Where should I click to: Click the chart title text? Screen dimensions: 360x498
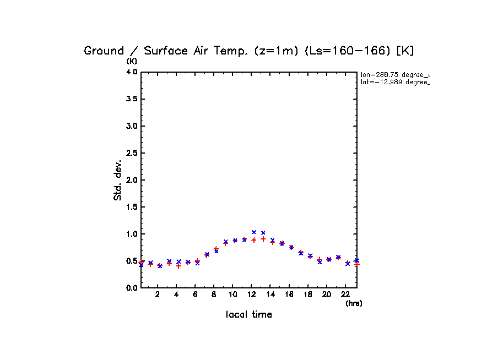248,51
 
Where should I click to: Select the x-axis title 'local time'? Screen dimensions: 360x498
248,315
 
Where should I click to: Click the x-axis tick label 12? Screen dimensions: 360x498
252,294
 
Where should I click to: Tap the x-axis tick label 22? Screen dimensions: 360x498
345,294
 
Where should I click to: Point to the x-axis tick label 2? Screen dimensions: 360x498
158,294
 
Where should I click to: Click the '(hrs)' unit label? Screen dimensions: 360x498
354,303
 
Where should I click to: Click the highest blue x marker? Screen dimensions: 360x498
254,232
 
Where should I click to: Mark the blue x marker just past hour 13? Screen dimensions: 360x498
263,233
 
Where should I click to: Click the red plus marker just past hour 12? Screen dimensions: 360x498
254,240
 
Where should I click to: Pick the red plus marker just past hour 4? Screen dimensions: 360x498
178,266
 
